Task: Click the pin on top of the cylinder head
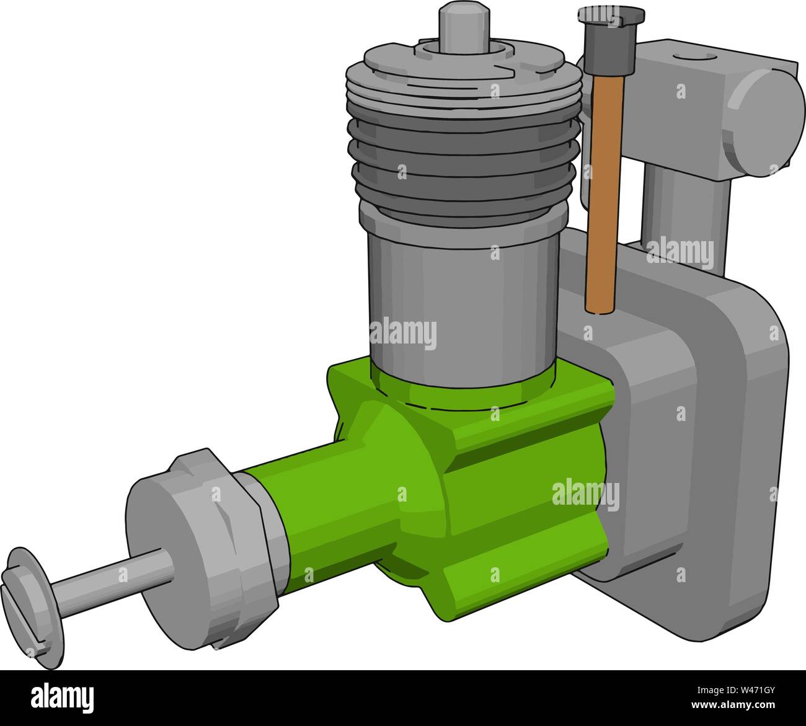click(x=463, y=25)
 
